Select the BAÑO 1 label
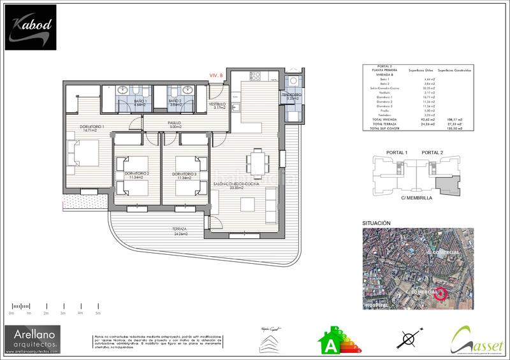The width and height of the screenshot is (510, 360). (x=140, y=103)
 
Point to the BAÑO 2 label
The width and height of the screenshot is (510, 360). (x=176, y=103)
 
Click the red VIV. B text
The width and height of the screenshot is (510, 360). (x=216, y=75)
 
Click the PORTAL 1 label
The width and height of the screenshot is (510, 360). (x=397, y=152)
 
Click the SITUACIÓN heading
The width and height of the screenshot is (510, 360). (x=376, y=223)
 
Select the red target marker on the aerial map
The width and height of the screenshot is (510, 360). (x=441, y=294)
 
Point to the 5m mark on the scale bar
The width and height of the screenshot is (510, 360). (x=98, y=313)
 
